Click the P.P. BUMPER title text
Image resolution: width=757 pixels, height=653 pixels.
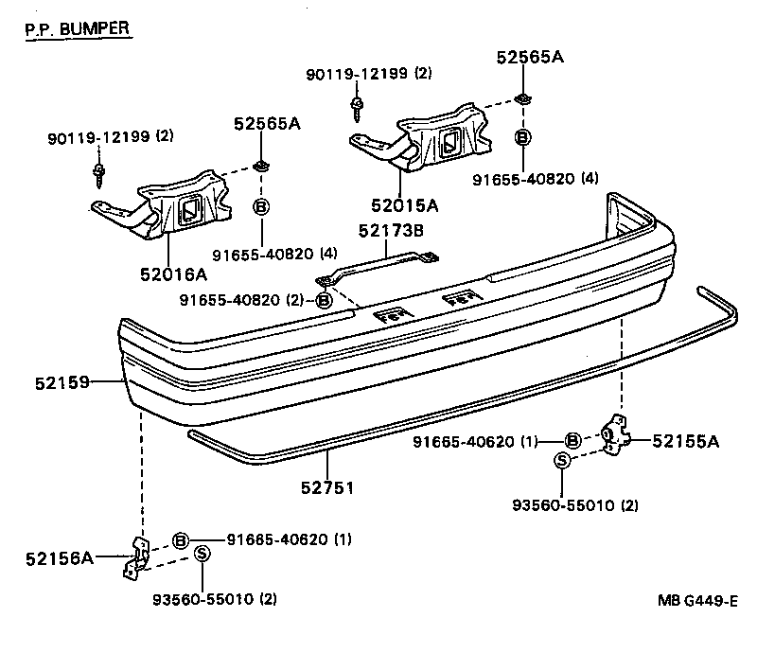tap(77, 27)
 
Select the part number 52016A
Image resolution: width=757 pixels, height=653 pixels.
tap(174, 274)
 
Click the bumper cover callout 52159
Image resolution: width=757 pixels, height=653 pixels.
tap(59, 382)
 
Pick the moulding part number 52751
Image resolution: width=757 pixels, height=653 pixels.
tap(327, 487)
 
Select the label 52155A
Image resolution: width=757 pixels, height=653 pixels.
tap(686, 440)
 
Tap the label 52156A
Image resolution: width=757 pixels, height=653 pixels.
tap(59, 558)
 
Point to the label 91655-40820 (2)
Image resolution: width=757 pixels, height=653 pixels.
tap(243, 300)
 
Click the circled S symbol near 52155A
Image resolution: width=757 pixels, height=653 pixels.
tap(562, 461)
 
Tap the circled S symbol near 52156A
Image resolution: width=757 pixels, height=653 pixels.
tap(202, 554)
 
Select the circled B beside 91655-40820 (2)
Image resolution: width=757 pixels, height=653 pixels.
tap(324, 300)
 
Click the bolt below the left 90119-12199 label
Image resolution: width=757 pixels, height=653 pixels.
tap(98, 171)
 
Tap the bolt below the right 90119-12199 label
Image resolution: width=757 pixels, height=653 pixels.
tap(358, 106)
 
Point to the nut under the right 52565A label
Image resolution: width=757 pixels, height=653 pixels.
tap(522, 99)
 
